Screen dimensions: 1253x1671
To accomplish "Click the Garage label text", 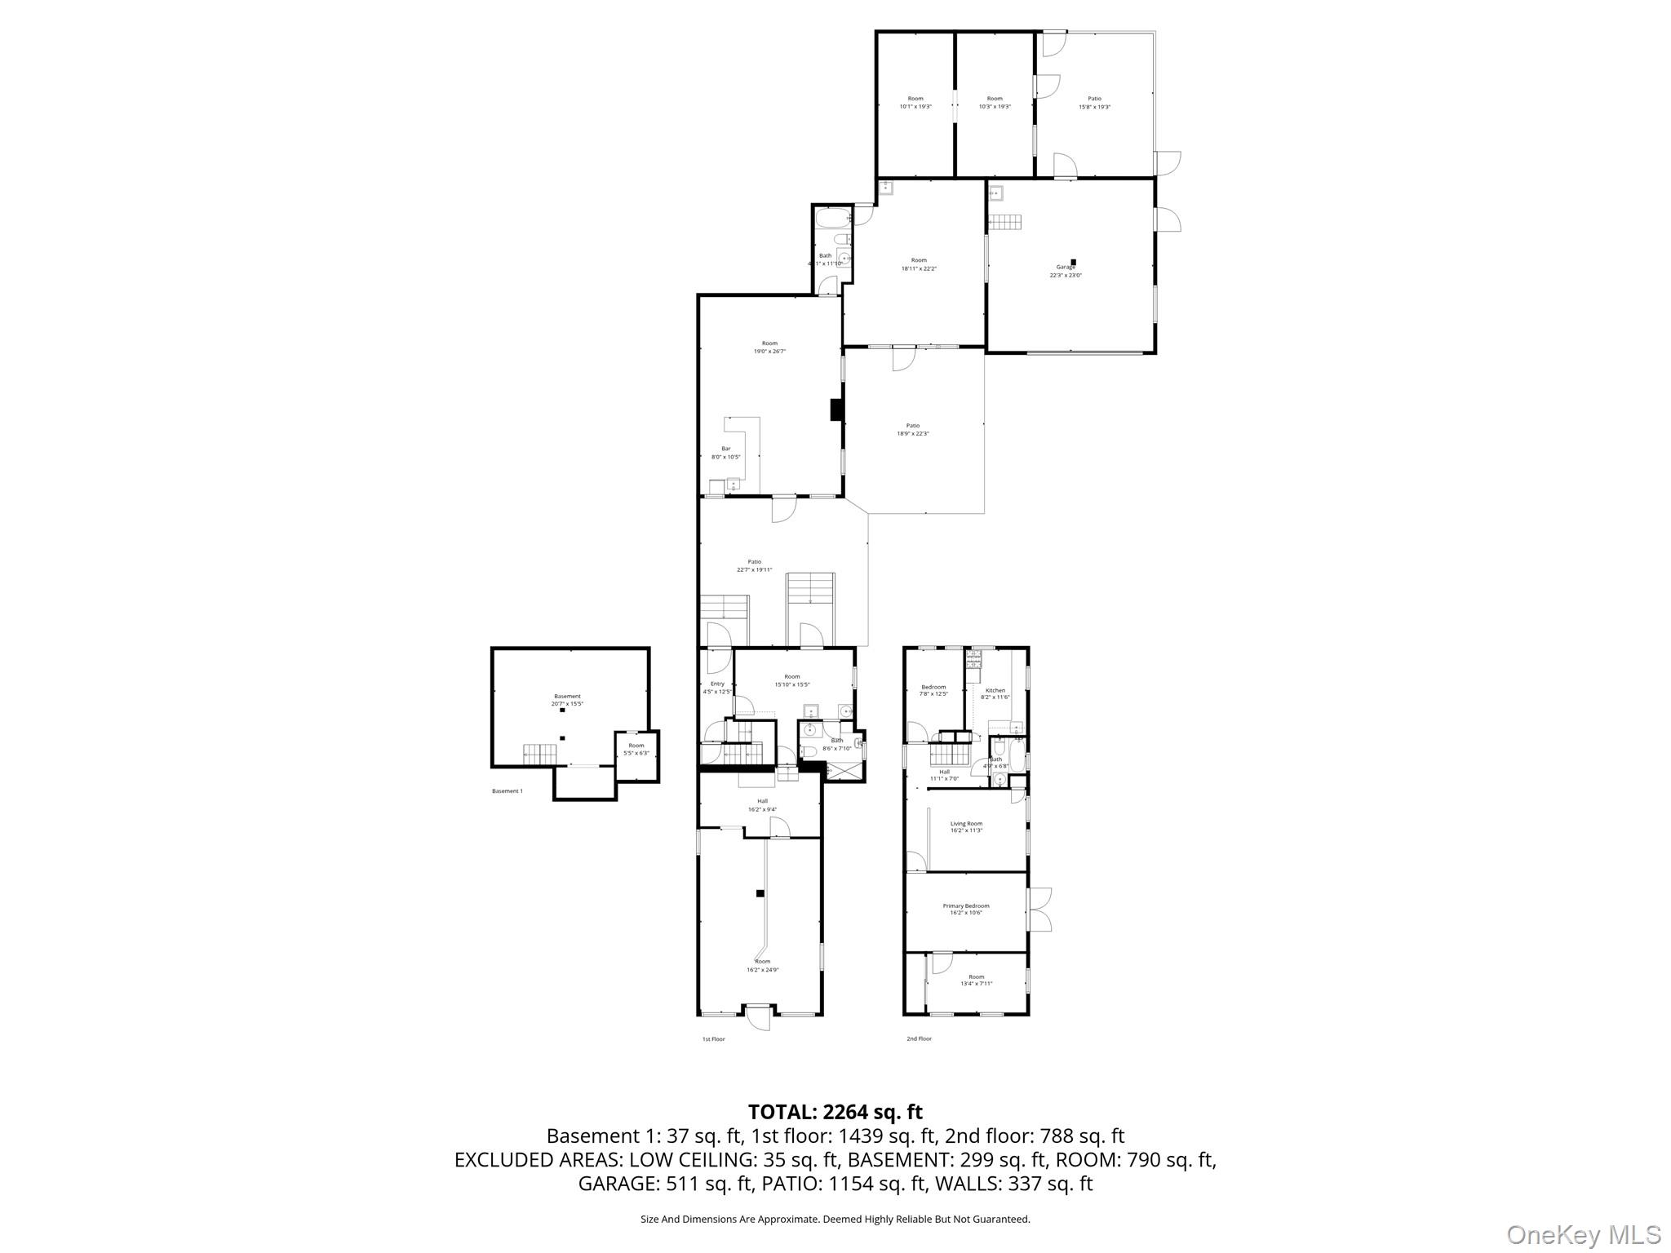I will (1066, 267).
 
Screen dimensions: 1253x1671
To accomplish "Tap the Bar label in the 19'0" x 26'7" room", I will (725, 449).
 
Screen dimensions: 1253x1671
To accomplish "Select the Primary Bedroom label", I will (966, 905).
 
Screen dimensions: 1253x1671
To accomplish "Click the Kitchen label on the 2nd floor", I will (995, 690).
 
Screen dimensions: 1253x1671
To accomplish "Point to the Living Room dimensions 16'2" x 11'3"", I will (966, 830).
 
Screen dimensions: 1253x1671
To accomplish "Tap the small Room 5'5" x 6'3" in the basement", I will (636, 749).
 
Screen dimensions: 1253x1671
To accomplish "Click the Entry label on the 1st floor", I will (717, 684).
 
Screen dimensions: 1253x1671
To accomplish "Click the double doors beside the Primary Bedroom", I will (1039, 910).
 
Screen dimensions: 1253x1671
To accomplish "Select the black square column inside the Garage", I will (1074, 262).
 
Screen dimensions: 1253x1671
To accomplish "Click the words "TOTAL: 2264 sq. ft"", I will (835, 1112).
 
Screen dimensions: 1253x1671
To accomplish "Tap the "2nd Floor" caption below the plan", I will (919, 1038).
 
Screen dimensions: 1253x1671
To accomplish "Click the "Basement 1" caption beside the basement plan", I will (508, 790).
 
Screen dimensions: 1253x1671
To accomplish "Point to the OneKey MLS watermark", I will (1583, 1234).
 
